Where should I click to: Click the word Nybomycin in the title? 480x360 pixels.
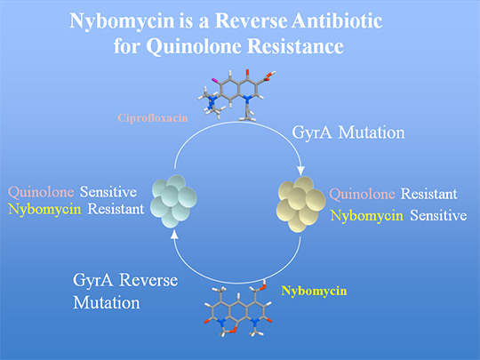pyautogui.click(x=123, y=21)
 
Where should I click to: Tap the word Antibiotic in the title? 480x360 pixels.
pyautogui.click(x=337, y=20)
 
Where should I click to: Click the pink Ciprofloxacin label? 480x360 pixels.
pyautogui.click(x=153, y=118)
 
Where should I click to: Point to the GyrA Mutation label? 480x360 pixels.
pyautogui.click(x=348, y=133)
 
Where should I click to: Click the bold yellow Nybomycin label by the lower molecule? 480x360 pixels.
pyautogui.click(x=314, y=292)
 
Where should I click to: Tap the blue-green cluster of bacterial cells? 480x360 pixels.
pyautogui.click(x=174, y=201)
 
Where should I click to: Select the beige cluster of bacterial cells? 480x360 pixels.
pyautogui.click(x=301, y=204)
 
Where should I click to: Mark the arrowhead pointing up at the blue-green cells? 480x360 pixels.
pyautogui.click(x=174, y=235)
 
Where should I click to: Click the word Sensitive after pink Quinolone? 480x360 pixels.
pyautogui.click(x=108, y=192)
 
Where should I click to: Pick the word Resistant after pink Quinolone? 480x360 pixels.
pyautogui.click(x=429, y=194)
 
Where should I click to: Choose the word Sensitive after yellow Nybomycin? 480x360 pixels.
pyautogui.click(x=438, y=215)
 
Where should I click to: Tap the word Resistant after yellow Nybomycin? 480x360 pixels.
pyautogui.click(x=116, y=210)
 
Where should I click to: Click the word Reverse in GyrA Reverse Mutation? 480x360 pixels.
pyautogui.click(x=148, y=280)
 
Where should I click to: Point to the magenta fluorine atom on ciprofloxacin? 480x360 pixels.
pyautogui.click(x=213, y=80)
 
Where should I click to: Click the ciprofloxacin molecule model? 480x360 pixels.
pyautogui.click(x=236, y=95)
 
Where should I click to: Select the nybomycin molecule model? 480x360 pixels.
pyautogui.click(x=238, y=309)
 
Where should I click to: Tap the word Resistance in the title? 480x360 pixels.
pyautogui.click(x=295, y=46)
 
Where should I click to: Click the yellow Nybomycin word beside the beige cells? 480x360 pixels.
pyautogui.click(x=367, y=216)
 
